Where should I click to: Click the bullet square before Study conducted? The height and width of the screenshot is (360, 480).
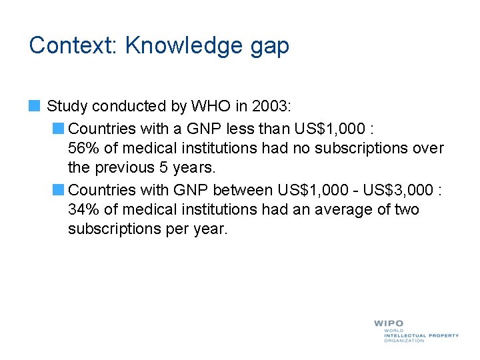coord(35,105)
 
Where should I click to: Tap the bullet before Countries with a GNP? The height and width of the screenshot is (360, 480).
coord(59,127)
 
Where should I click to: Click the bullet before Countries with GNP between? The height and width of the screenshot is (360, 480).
coord(59,189)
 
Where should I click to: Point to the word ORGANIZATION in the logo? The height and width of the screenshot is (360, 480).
coord(404,341)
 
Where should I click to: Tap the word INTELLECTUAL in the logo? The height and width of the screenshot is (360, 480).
coord(407,335)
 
